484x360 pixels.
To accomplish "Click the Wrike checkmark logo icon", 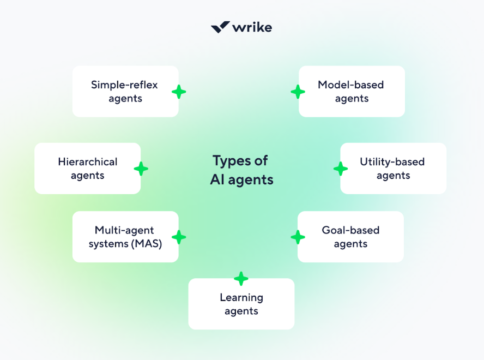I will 220,27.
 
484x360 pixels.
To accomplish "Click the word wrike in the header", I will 252,27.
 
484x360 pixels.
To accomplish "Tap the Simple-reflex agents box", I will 125,92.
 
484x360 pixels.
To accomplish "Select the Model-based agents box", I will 352,92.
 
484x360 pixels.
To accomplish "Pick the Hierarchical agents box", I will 87,169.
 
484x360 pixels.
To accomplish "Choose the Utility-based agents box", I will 393,169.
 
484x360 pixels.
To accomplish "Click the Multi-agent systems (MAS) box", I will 125,237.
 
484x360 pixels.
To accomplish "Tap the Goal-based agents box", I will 350,237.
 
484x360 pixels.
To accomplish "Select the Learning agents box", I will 241,304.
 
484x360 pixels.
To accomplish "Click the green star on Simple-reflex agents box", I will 179,92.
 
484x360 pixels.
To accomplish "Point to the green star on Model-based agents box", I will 298,92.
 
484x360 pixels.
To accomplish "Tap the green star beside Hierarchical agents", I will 141,169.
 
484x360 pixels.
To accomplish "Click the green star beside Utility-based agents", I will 341,169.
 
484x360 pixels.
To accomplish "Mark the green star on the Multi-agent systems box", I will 179,237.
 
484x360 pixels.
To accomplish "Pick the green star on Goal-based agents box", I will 298,237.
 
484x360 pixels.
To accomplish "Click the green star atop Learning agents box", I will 241,279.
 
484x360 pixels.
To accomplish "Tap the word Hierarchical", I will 87,162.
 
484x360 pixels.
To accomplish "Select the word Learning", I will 241,298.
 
